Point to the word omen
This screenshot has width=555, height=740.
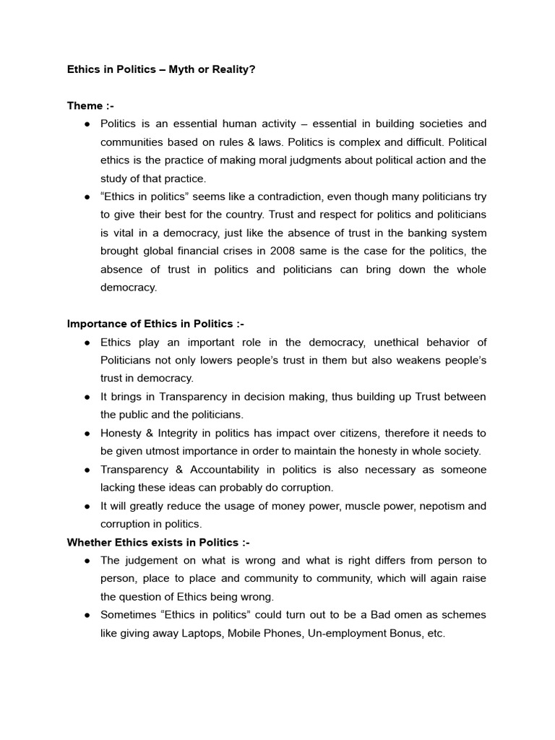tap(423, 615)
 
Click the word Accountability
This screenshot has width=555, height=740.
tap(231, 470)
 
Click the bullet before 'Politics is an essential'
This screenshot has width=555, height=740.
tap(86, 124)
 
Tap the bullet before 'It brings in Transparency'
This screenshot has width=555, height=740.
tap(86, 397)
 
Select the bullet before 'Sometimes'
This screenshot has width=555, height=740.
tap(86, 615)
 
